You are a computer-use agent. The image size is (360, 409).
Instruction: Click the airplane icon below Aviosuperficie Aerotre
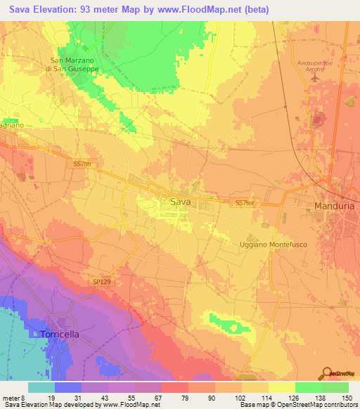pos(314,79)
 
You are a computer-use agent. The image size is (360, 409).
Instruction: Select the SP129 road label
pos(101,281)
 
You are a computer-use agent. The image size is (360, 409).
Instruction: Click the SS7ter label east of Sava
pos(244,202)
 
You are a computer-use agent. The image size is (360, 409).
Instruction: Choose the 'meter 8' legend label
pos(13,397)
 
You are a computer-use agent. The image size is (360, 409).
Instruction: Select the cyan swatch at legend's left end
pos(41,387)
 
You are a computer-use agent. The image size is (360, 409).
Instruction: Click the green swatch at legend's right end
pos(335,387)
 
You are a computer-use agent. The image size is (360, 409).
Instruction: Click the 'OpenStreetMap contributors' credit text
pos(318,405)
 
